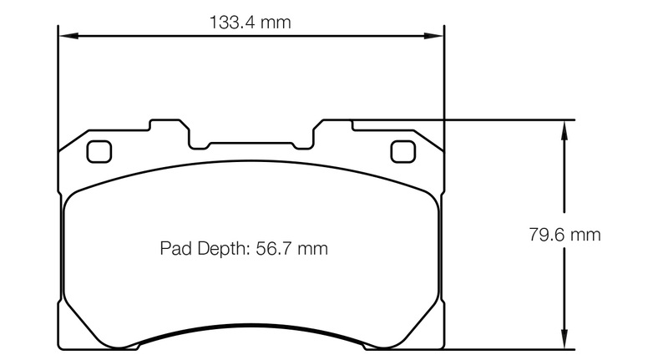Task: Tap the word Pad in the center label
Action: click(175, 248)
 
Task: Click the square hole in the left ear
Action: click(99, 151)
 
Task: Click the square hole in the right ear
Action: click(402, 151)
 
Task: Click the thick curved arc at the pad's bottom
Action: click(250, 332)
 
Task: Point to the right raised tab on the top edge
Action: click(334, 125)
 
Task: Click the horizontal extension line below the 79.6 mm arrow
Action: click(509, 347)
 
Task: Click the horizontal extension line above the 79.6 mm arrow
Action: click(509, 120)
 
